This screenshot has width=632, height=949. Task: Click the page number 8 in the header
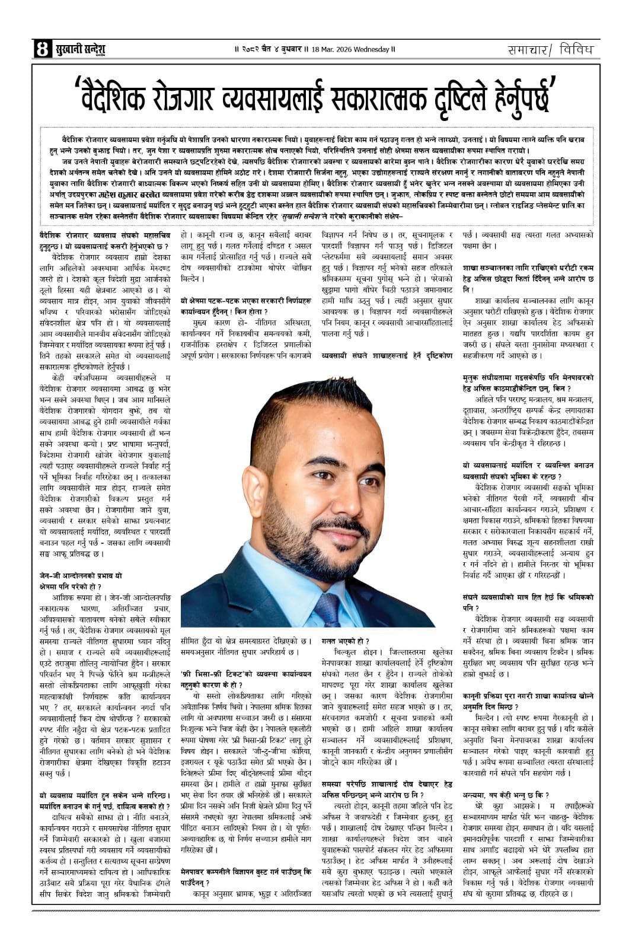point(42,49)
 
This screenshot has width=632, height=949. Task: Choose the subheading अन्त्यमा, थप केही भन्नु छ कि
point(506,795)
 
